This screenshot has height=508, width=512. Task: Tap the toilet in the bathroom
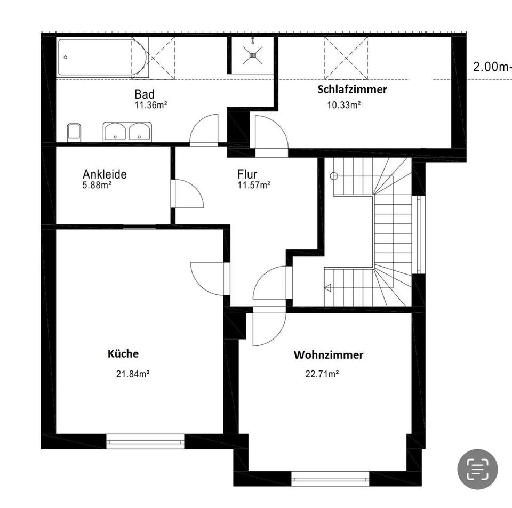tap(74, 132)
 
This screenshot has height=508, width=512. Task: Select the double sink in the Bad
tap(127, 131)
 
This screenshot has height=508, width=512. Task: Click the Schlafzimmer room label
tap(352, 90)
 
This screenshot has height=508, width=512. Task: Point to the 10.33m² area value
tap(343, 105)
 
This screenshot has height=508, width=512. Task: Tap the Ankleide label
tap(105, 174)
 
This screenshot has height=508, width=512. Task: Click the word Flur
tap(247, 174)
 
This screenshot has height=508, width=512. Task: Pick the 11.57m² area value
tap(253, 185)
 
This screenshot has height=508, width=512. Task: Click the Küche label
tap(123, 353)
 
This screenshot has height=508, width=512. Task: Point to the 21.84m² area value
tap(132, 374)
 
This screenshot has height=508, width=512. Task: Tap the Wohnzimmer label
tap(329, 354)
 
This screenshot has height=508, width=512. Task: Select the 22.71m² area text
tap(322, 374)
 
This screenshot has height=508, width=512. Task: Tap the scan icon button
tap(477, 469)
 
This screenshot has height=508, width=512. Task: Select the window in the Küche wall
tap(145, 441)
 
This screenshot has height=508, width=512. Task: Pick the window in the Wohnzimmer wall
tap(330, 478)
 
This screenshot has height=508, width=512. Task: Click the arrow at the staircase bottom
tap(327, 288)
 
